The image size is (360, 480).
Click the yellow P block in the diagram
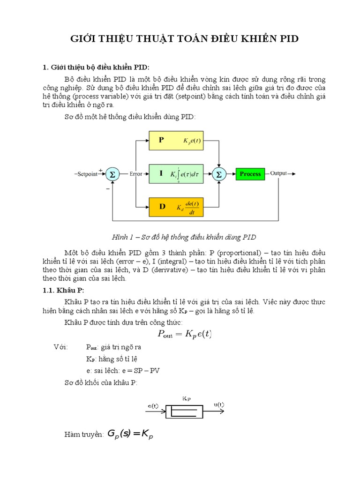pyautogui.click(x=176, y=140)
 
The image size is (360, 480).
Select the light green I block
pyautogui.click(x=176, y=173)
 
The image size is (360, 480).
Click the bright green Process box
pyautogui.click(x=250, y=174)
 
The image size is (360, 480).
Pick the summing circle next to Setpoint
pyautogui.click(x=112, y=174)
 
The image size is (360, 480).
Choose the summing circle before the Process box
pyautogui.click(x=218, y=174)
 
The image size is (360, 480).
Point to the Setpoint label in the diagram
pyautogui.click(x=87, y=174)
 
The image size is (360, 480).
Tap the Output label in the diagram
pyautogui.click(x=278, y=173)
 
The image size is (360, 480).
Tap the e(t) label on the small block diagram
pyautogui.click(x=153, y=405)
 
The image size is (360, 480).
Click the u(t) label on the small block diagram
pyautogui.click(x=219, y=405)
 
